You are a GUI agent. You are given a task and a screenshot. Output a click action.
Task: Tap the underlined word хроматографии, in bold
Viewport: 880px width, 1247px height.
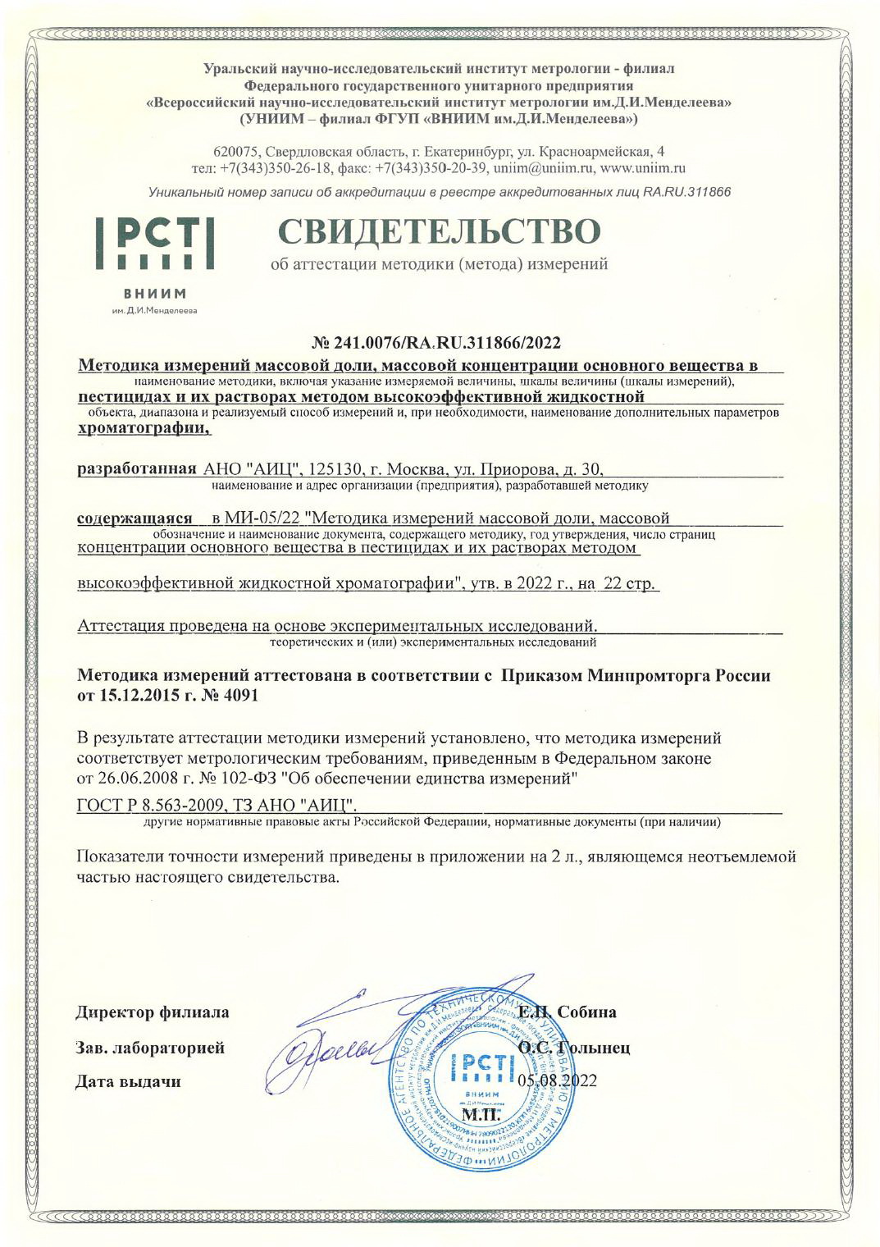coord(144,427)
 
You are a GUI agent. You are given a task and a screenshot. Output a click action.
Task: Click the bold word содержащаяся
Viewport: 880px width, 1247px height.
coord(135,518)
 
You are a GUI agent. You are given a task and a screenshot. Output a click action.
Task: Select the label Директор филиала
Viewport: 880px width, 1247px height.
coord(153,1012)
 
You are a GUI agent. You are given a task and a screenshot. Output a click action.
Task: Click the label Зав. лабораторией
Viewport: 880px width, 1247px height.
coord(150,1048)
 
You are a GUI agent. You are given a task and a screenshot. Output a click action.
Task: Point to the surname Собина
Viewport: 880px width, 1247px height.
coord(585,1012)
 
